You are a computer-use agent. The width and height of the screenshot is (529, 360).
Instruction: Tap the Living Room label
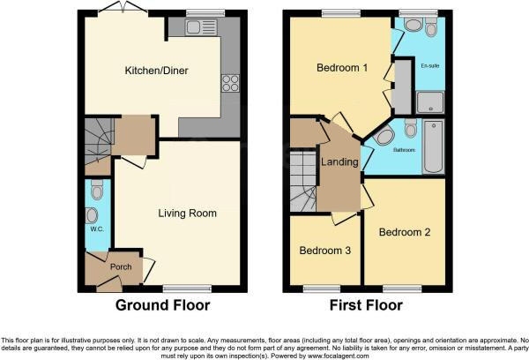(187, 213)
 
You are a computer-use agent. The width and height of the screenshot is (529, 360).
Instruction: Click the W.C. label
(97, 229)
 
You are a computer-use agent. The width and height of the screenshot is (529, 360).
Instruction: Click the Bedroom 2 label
(404, 233)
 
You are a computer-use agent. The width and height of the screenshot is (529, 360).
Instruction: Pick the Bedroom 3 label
(324, 251)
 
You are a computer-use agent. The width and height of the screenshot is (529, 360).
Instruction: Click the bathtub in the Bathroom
(436, 146)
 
